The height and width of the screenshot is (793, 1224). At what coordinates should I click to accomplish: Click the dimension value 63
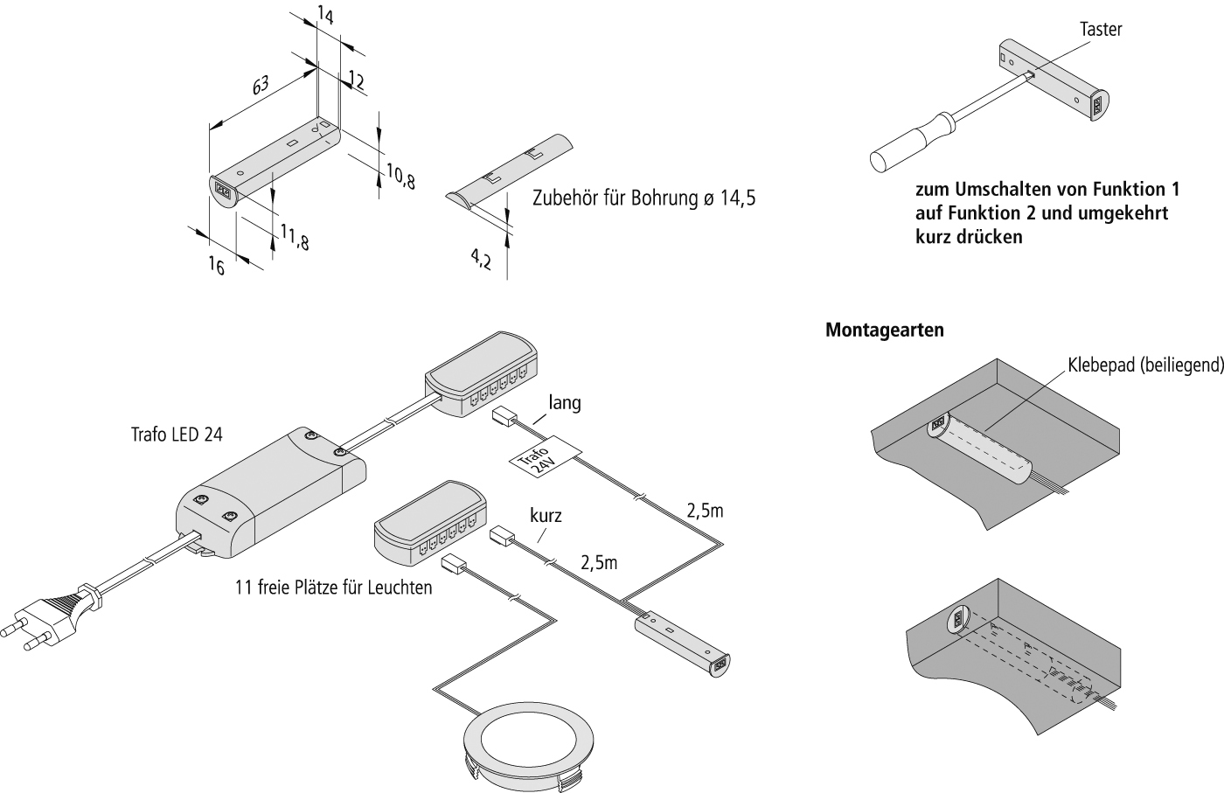pyautogui.click(x=261, y=86)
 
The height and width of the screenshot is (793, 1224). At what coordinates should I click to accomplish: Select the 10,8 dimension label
pyautogui.click(x=400, y=176)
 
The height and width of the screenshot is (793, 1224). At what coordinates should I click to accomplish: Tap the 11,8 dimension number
pyautogui.click(x=296, y=237)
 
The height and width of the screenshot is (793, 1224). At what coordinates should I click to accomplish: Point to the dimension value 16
pyautogui.click(x=217, y=266)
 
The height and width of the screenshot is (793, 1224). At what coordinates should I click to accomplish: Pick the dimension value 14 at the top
pyautogui.click(x=324, y=16)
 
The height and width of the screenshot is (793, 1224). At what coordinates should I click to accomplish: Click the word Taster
pyautogui.click(x=1101, y=30)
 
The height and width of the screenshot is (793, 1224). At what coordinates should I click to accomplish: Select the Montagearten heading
pyautogui.click(x=885, y=330)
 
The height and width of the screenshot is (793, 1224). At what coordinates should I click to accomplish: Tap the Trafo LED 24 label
pyautogui.click(x=177, y=435)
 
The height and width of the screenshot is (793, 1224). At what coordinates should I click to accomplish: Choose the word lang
pyautogui.click(x=565, y=403)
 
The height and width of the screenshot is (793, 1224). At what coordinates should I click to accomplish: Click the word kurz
pyautogui.click(x=546, y=515)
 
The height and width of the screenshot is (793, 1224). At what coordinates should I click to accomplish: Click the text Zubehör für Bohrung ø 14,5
pyautogui.click(x=644, y=198)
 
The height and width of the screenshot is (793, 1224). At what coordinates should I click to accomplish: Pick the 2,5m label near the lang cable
pyautogui.click(x=705, y=511)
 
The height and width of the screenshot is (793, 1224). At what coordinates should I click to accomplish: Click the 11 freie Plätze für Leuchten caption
pyautogui.click(x=333, y=588)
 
